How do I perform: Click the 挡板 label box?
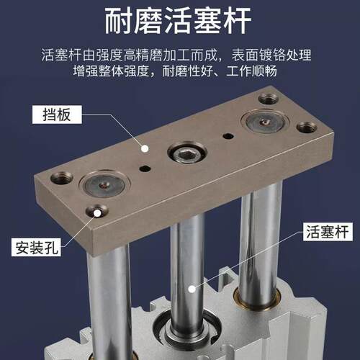(57, 114)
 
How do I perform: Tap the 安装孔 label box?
(36, 247)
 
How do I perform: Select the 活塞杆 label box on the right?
(328, 232)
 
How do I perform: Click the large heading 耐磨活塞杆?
(178, 20)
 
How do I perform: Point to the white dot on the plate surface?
(145, 148)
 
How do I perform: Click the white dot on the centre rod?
(192, 289)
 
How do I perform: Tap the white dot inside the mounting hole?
(97, 212)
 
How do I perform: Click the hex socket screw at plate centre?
(187, 153)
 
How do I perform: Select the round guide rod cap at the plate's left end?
(105, 184)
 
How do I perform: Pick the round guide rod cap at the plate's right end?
(264, 122)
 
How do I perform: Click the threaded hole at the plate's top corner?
(269, 99)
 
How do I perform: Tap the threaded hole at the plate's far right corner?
(307, 127)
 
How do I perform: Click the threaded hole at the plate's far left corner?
(61, 178)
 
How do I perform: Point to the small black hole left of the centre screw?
(145, 168)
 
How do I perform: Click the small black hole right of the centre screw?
(228, 136)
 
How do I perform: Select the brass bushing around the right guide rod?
(257, 297)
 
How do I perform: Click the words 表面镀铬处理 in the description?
(271, 55)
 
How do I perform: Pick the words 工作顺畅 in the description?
(251, 71)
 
